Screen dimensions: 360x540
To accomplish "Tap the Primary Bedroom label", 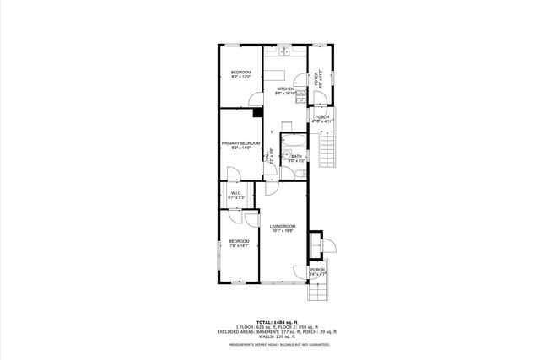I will [x=240, y=145].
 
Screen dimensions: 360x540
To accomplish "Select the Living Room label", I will [x=283, y=228].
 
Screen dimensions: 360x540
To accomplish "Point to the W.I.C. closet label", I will [x=237, y=196].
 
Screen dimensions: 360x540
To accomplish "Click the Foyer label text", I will [x=318, y=80].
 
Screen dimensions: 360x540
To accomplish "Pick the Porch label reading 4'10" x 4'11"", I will [x=322, y=119].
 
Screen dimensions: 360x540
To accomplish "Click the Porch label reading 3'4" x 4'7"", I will [x=317, y=271].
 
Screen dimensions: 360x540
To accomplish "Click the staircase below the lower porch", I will [x=317, y=293].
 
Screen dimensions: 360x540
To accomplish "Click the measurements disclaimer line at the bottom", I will [x=270, y=344].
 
